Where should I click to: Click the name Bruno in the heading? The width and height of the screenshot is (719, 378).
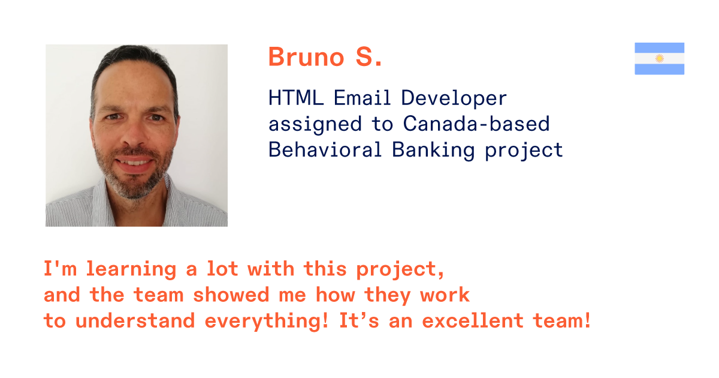[306, 57]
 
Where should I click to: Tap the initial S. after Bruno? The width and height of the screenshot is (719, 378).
[369, 57]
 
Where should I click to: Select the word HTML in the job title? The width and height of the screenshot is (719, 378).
[295, 98]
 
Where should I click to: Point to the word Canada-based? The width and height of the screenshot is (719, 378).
[476, 124]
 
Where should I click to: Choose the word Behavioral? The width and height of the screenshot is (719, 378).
[325, 150]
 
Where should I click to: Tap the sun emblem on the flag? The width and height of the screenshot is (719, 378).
[659, 59]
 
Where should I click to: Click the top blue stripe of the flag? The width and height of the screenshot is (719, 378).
[659, 48]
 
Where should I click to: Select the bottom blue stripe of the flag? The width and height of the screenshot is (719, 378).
[659, 69]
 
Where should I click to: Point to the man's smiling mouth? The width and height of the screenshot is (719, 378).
[134, 163]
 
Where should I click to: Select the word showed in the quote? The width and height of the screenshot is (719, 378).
[231, 295]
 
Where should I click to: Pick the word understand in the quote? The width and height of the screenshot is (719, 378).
[135, 320]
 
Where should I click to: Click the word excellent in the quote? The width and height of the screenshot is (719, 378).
[473, 320]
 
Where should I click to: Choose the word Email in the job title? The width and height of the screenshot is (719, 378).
[362, 98]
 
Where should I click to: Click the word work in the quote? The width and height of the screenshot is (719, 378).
[445, 295]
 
